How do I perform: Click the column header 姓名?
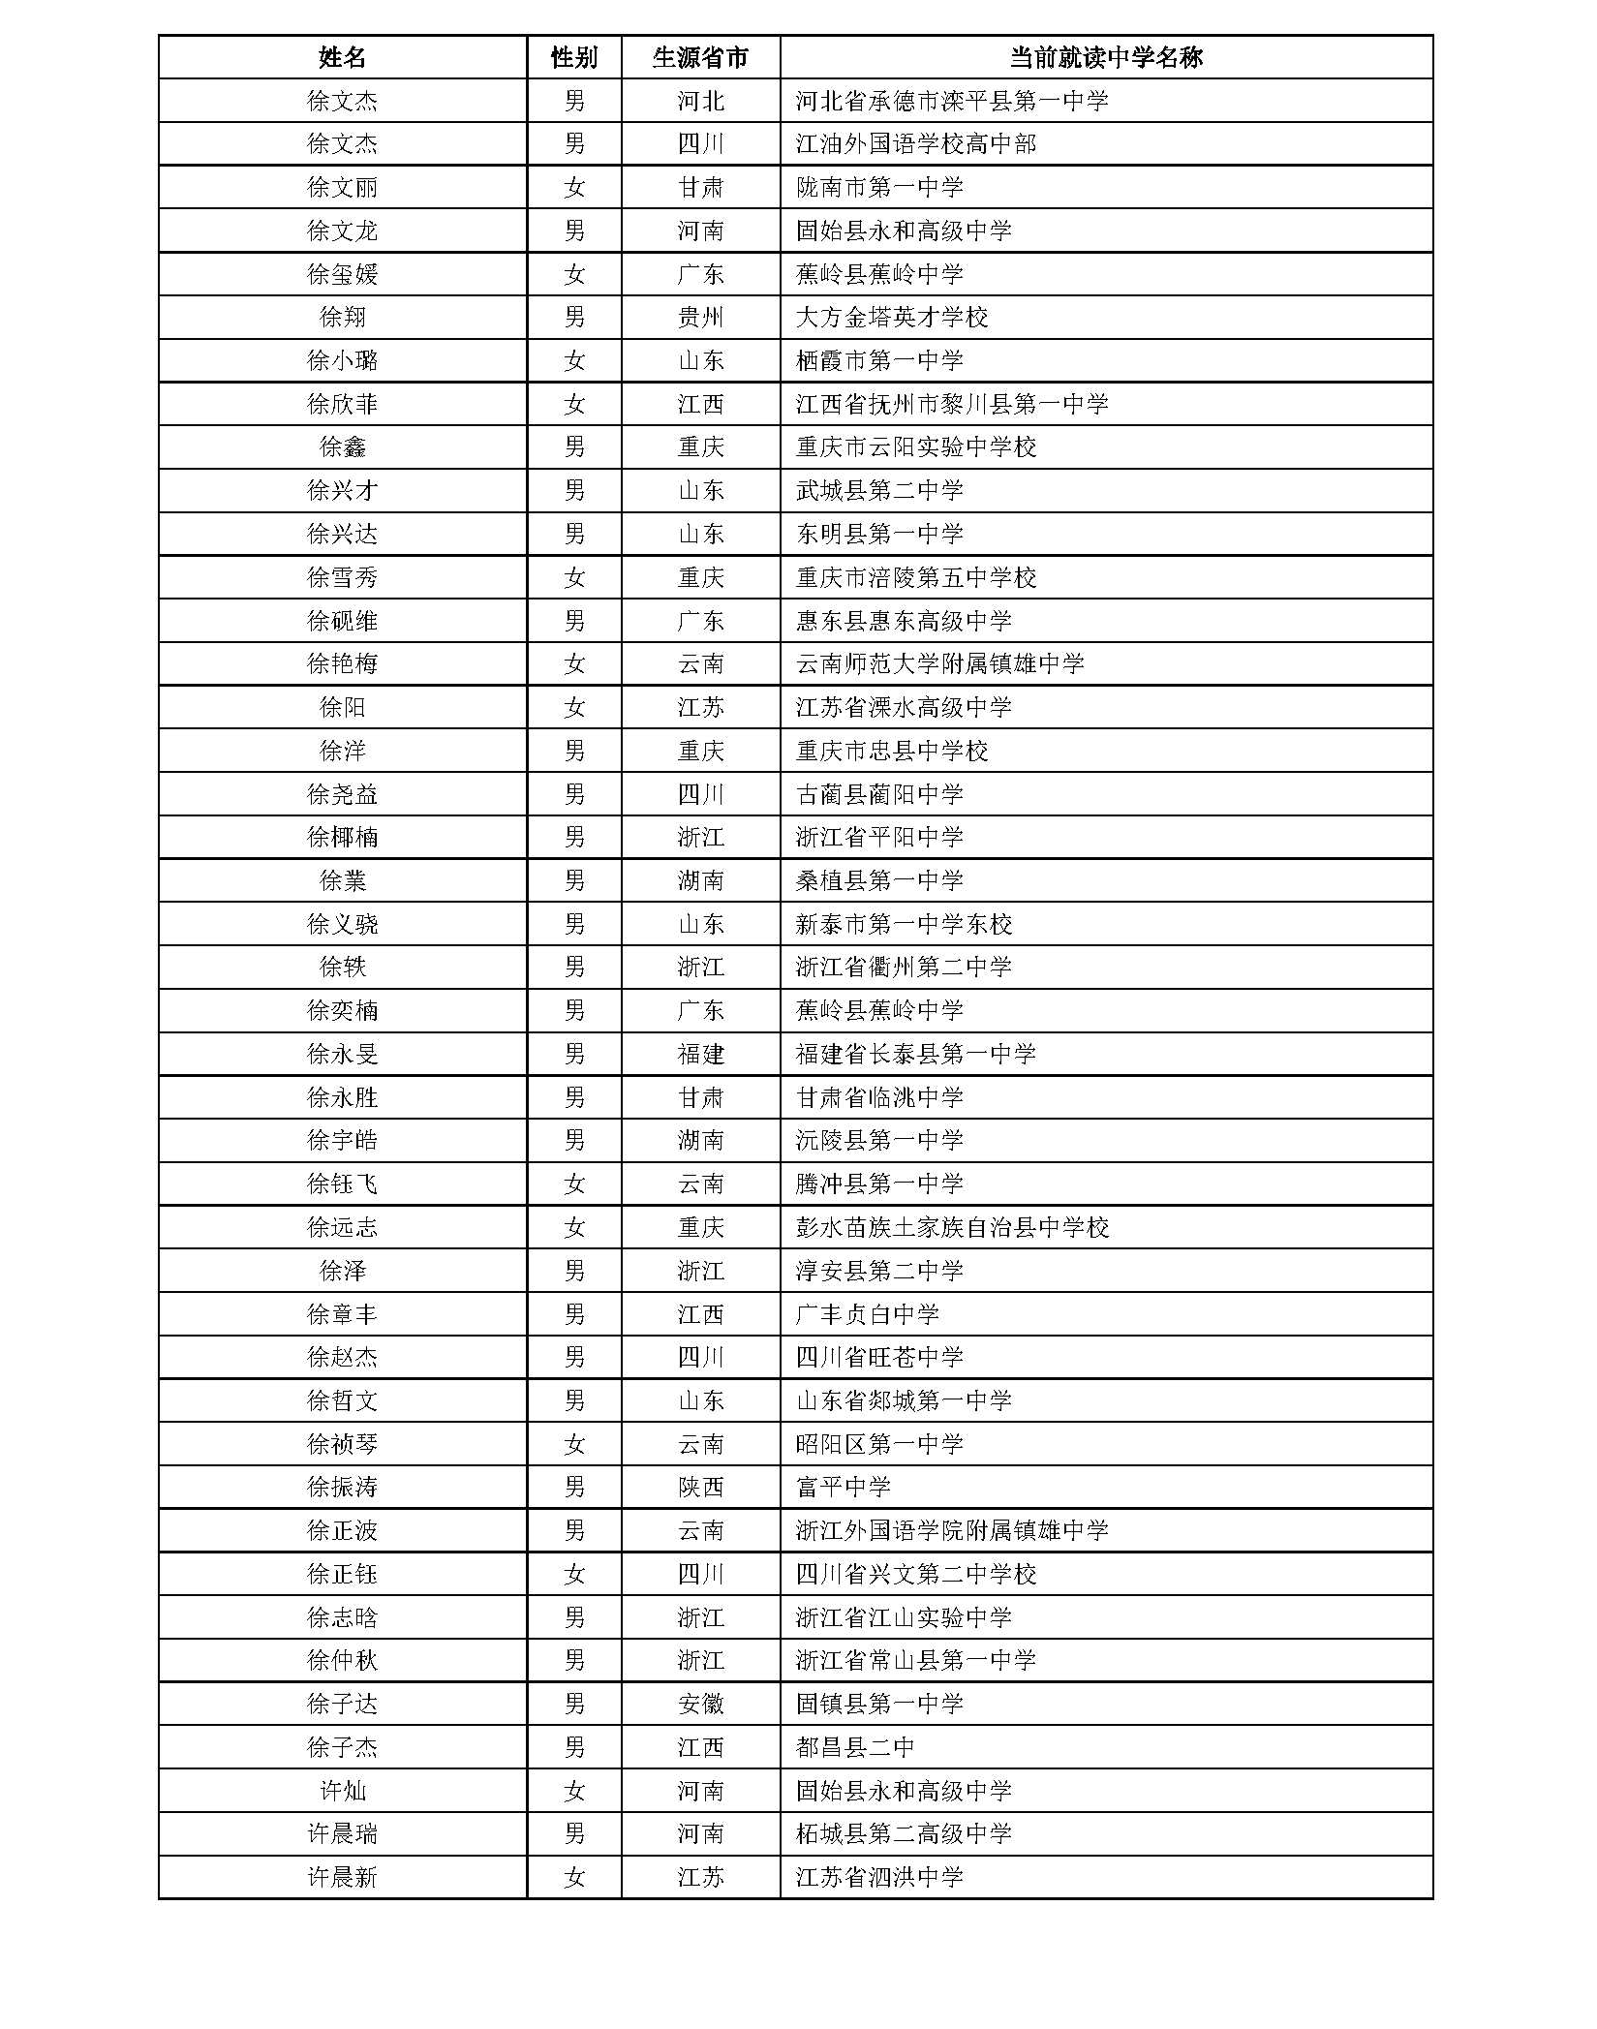(342, 57)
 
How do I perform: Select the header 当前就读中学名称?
(1105, 57)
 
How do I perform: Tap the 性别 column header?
(574, 57)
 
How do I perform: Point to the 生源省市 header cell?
(700, 57)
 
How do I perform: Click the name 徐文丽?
(342, 187)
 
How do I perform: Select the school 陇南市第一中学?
(879, 187)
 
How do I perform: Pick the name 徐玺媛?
(342, 274)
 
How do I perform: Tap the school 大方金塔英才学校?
(892, 318)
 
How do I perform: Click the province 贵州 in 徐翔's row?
(700, 318)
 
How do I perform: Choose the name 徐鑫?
(342, 447)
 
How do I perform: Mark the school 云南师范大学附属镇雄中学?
(939, 664)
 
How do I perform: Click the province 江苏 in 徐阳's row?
(700, 707)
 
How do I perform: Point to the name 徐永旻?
(342, 1054)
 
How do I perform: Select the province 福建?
(700, 1054)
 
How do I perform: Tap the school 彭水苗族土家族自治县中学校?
(952, 1228)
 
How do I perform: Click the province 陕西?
(700, 1488)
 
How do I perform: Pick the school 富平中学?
(843, 1488)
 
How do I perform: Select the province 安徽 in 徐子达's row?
(700, 1705)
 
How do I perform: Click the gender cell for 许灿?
(574, 1791)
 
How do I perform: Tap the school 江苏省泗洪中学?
(879, 1878)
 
